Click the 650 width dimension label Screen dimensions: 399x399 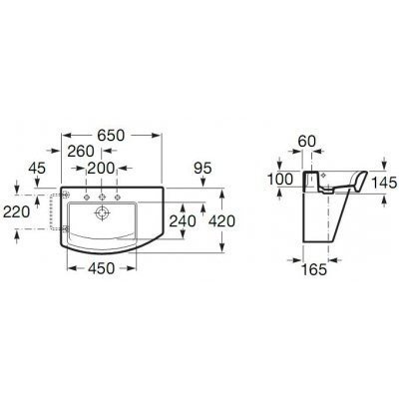tap(111, 136)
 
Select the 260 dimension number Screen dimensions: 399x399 tap(81, 152)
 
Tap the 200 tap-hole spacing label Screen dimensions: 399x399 tap(101, 169)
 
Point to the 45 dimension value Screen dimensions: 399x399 tap(37, 169)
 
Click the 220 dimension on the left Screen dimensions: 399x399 tap(16, 211)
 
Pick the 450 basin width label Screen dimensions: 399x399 tap(102, 268)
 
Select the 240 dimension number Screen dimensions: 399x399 tap(183, 220)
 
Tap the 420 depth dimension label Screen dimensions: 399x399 tap(221, 220)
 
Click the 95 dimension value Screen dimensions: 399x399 tap(202, 169)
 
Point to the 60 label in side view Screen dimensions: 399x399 tap(307, 142)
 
